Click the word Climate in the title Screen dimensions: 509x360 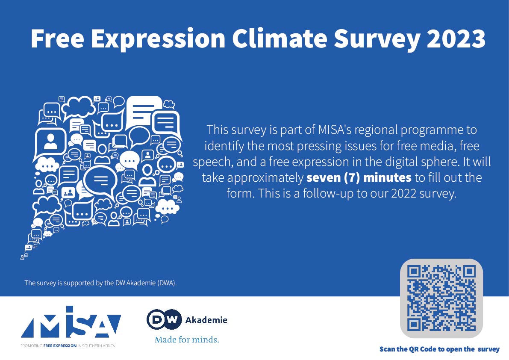click(x=280, y=38)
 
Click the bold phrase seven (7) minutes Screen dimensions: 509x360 click(x=359, y=177)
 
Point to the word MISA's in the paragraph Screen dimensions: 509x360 click(x=334, y=130)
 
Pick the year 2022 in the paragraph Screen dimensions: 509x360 click(x=403, y=194)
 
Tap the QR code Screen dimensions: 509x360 click(x=441, y=298)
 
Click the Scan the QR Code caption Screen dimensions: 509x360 click(x=439, y=349)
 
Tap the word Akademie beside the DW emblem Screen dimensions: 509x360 click(x=206, y=320)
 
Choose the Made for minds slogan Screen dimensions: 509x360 click(x=187, y=339)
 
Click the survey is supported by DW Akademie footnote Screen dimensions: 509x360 click(x=100, y=283)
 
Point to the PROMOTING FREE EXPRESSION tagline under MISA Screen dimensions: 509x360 click(x=68, y=346)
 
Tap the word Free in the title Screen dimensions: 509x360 click(x=57, y=38)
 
